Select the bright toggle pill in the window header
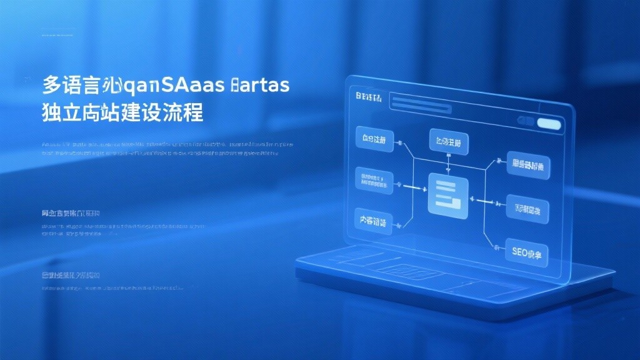pyautogui.click(x=549, y=124)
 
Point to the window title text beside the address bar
pyautogui.click(x=369, y=97)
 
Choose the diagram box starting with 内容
pyautogui.click(x=374, y=221)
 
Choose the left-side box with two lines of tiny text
pyautogui.click(x=374, y=180)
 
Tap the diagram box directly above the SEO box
pyautogui.click(x=527, y=209)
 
